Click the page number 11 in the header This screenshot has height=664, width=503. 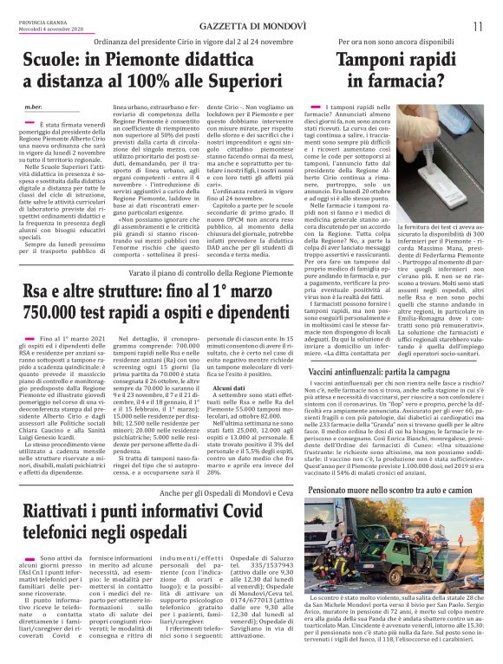478,27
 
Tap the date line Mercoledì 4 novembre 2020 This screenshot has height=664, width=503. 46,29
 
